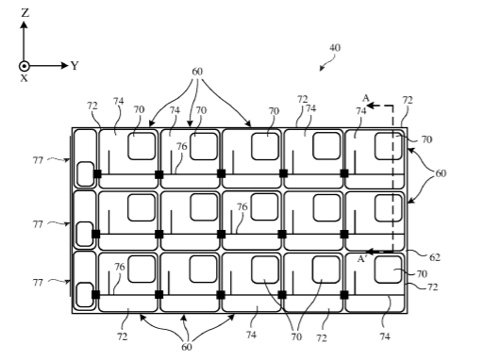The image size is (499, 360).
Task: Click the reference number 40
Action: [335, 48]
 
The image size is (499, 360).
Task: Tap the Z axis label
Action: [25, 13]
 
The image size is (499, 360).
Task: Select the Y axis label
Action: [75, 66]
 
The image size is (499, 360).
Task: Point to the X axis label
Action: [25, 78]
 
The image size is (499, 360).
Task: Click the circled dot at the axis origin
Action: [25, 66]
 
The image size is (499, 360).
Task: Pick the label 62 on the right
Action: [435, 257]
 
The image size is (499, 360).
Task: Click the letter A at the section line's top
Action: [366, 98]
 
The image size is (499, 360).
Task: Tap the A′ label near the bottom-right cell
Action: [362, 259]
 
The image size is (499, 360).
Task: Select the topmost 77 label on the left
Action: [38, 160]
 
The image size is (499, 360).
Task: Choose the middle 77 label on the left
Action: [38, 224]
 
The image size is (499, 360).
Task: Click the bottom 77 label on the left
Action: [38, 283]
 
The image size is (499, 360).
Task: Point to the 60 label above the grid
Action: [197, 72]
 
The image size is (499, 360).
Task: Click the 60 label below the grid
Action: [187, 347]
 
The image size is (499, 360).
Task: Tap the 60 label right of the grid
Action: [441, 173]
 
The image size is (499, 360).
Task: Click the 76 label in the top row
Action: [182, 147]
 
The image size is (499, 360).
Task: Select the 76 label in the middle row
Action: [241, 207]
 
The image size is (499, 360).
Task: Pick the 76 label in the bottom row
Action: [120, 267]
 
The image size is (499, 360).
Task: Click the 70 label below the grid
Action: [296, 336]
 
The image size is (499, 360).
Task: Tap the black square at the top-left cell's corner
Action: [97, 174]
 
